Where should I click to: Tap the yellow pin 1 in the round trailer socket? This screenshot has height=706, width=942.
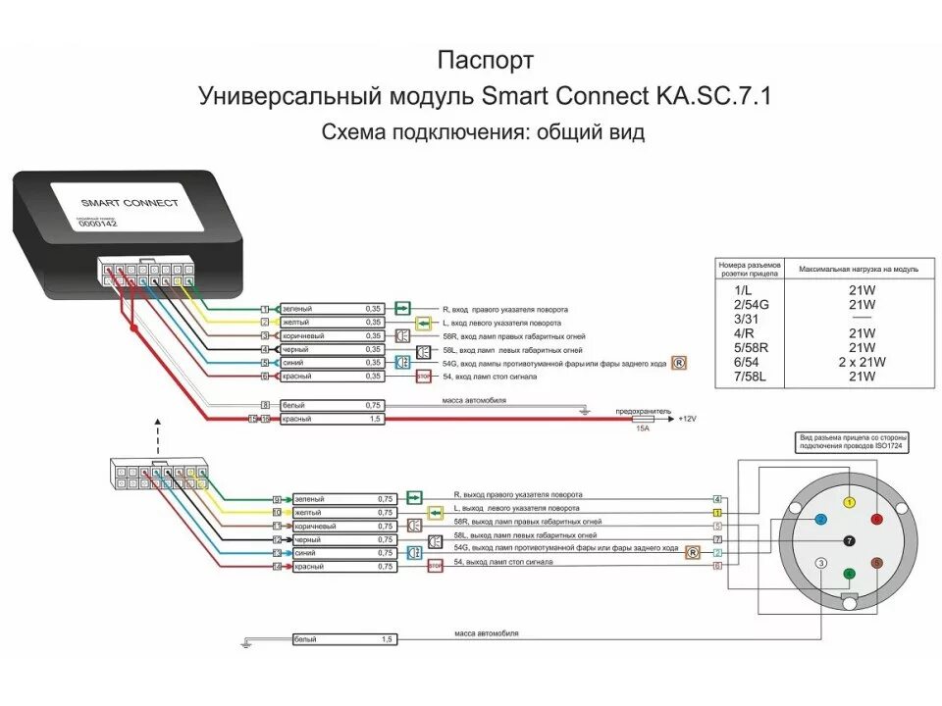850,502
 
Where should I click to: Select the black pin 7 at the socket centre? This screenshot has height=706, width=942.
850,540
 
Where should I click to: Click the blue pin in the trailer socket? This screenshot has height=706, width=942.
821,520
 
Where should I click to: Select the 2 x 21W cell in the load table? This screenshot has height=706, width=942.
862,362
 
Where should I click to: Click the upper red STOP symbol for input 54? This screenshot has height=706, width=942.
424,376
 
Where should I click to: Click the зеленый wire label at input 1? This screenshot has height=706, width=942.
296,309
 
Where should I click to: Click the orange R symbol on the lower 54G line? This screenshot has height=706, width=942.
693,553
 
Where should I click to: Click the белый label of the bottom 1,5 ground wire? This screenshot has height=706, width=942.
306,639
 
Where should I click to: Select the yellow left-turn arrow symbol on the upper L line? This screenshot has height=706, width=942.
423,323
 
